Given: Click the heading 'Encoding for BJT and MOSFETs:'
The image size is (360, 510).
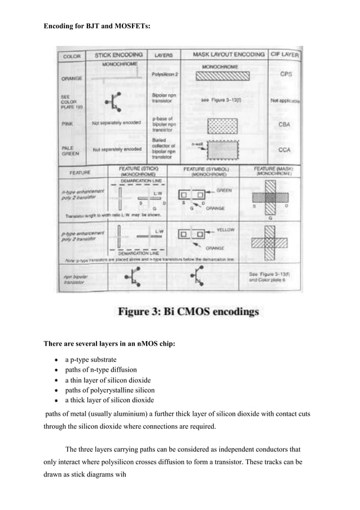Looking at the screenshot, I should point(90,26).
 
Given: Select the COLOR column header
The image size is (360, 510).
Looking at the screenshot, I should point(72,56).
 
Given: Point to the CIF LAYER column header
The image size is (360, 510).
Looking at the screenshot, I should point(285,55).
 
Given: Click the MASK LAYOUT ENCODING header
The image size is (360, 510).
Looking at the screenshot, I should point(229,55).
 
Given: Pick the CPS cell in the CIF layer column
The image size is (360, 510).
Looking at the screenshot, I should point(285,74).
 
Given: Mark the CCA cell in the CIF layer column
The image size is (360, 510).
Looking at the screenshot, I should point(285,150).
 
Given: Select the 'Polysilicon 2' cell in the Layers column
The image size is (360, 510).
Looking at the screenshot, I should point(163,75).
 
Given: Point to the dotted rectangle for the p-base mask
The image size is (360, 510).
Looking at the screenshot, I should point(223,125).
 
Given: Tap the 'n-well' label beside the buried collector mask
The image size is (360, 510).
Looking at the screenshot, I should point(195,145).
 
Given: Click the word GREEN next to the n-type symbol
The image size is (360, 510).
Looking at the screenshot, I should point(224,190).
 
